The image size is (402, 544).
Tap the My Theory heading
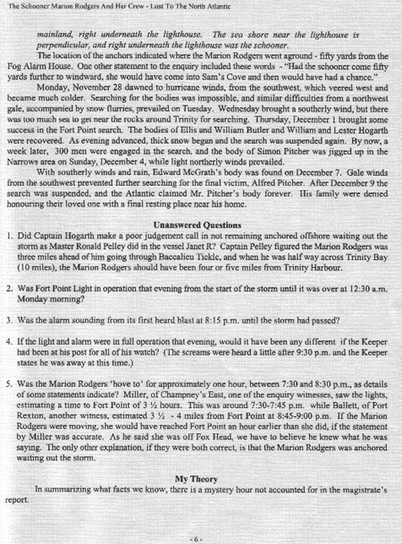200,479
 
